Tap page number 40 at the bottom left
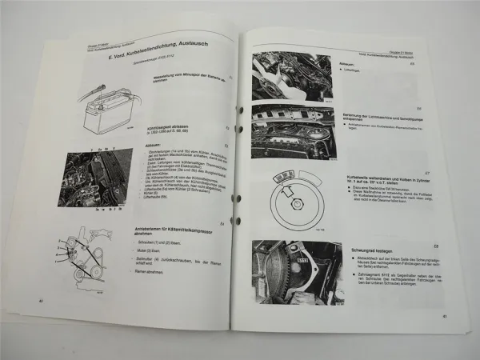pos(40,301)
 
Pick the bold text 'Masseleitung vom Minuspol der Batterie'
pos(189,80)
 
